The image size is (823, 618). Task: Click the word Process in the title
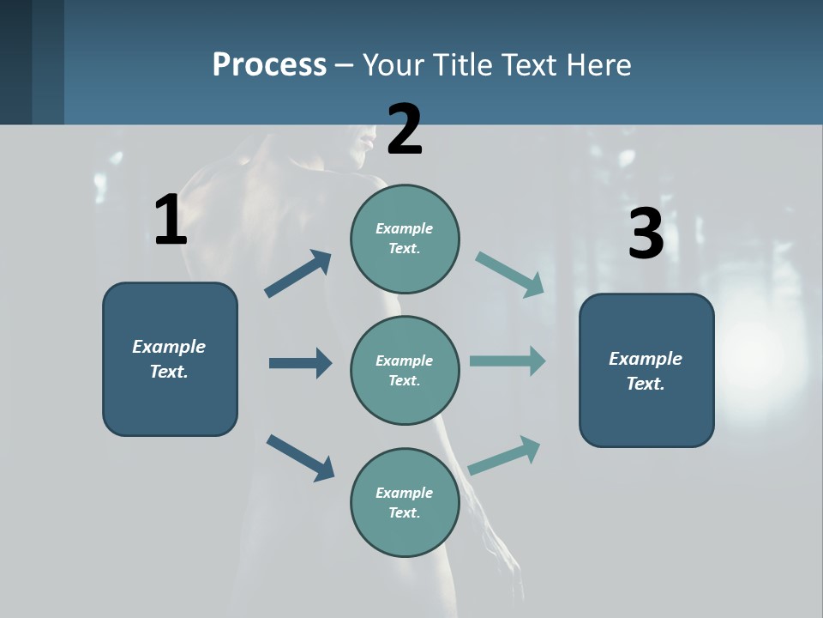pos(269,65)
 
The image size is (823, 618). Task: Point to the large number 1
pos(171,221)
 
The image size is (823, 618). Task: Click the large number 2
pos(405,130)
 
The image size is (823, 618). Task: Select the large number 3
pos(646,233)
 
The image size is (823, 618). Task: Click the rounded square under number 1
pos(170,359)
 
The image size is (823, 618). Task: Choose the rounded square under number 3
pos(646,370)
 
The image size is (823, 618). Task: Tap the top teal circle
pos(405,239)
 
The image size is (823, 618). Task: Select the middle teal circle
pos(405,370)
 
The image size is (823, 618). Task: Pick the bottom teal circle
pos(405,502)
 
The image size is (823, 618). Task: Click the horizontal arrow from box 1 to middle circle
pos(300,363)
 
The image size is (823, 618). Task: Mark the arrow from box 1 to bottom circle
pos(301,457)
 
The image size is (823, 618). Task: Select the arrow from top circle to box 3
pos(510,274)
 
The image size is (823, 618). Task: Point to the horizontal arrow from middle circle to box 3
pos(508,361)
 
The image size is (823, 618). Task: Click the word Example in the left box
pos(169,347)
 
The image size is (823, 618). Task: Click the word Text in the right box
pos(645,384)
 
